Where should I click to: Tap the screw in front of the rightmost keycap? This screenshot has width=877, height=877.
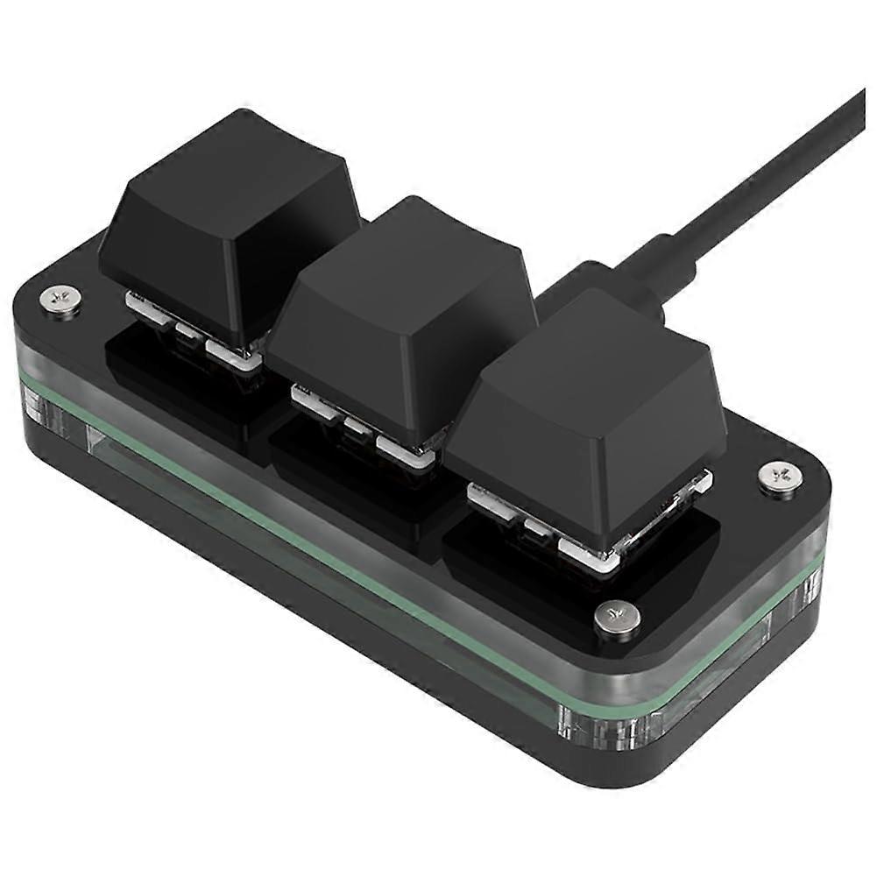coord(617,617)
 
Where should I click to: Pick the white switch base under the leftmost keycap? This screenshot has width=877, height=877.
coord(232,352)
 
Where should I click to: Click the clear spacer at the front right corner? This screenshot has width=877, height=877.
coord(587,723)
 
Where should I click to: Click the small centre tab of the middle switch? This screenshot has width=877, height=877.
coord(355,427)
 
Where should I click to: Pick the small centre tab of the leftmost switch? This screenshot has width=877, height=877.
coord(187,331)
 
